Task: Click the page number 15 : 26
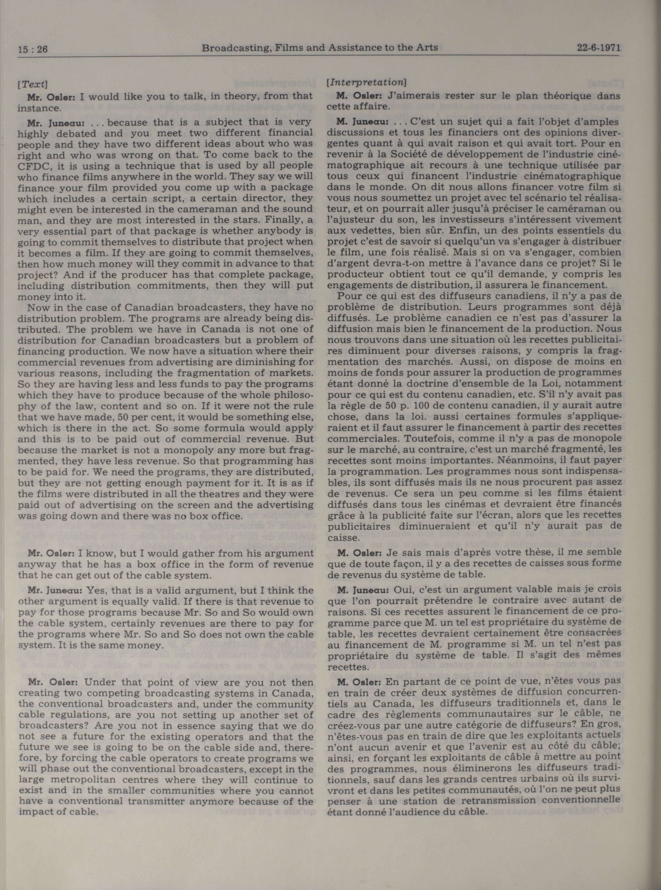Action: pyautogui.click(x=33, y=49)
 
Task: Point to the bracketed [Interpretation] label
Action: pyautogui.click(x=366, y=82)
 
